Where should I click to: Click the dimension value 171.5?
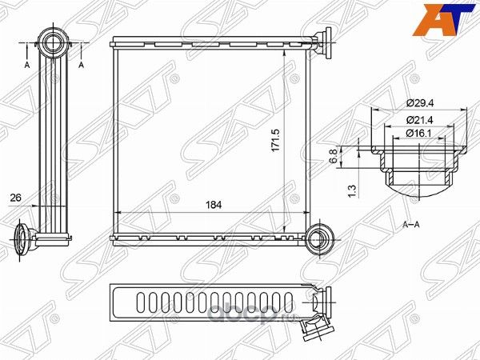(x=275, y=140)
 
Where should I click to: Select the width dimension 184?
(x=214, y=205)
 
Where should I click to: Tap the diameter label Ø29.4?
(x=421, y=103)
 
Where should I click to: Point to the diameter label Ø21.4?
(x=420, y=120)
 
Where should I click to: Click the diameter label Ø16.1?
(x=419, y=133)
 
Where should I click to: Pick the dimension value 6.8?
(x=334, y=155)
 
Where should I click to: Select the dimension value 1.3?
(x=352, y=190)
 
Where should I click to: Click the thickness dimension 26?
(x=16, y=198)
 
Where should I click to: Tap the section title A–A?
(x=411, y=225)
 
